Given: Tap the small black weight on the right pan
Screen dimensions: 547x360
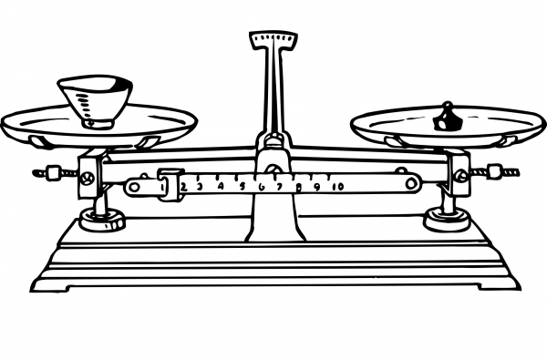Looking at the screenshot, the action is click(447, 117).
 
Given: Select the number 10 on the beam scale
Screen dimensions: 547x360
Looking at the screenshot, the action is click(337, 187).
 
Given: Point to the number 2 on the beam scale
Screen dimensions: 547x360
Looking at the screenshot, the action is click(184, 187).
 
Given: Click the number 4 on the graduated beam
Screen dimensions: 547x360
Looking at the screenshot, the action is click(221, 187).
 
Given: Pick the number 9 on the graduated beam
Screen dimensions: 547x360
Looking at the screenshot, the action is click(317, 187).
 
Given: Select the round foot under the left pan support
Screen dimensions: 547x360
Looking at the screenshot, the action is click(100, 219).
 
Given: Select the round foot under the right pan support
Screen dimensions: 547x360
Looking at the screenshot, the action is click(447, 219).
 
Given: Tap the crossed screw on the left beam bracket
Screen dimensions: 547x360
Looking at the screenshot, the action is click(88, 179).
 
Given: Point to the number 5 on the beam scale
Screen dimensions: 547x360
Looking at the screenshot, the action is click(242, 187).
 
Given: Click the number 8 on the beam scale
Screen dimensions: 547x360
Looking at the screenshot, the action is click(299, 187).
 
